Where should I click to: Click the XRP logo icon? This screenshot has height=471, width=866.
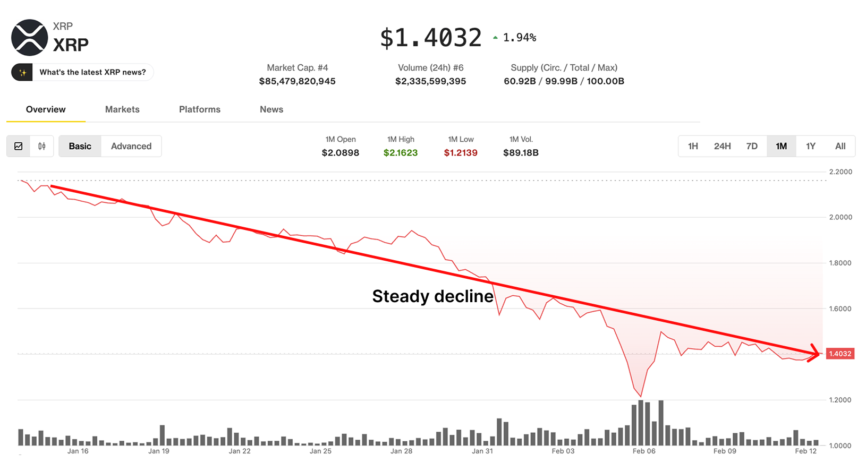pyautogui.click(x=29, y=38)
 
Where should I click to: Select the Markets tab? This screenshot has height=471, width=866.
pyautogui.click(x=122, y=109)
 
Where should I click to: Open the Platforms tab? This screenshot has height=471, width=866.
pyautogui.click(x=200, y=109)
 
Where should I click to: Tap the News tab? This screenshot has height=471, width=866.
pyautogui.click(x=271, y=109)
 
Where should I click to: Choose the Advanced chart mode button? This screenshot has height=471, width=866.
pyautogui.click(x=131, y=146)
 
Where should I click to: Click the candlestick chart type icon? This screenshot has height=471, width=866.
pyautogui.click(x=42, y=146)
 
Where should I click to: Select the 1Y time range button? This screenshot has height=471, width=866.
pyautogui.click(x=810, y=146)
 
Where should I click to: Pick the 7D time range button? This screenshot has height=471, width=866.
pyautogui.click(x=752, y=146)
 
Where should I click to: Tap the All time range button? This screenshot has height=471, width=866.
pyautogui.click(x=840, y=146)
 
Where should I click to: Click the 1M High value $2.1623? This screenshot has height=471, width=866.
pyautogui.click(x=401, y=153)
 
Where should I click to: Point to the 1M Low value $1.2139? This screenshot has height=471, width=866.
pyautogui.click(x=461, y=153)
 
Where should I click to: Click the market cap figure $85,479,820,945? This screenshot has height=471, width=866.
pyautogui.click(x=297, y=81)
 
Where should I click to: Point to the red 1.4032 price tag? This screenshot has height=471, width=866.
pyautogui.click(x=840, y=354)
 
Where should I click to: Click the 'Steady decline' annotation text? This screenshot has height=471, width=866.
pyautogui.click(x=432, y=296)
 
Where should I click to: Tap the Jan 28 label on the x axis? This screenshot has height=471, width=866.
pyautogui.click(x=401, y=451)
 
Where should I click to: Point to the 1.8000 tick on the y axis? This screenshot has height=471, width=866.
pyautogui.click(x=840, y=263)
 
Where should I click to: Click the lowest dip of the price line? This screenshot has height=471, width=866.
pyautogui.click(x=641, y=396)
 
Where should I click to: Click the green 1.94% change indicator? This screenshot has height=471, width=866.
pyautogui.click(x=515, y=38)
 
